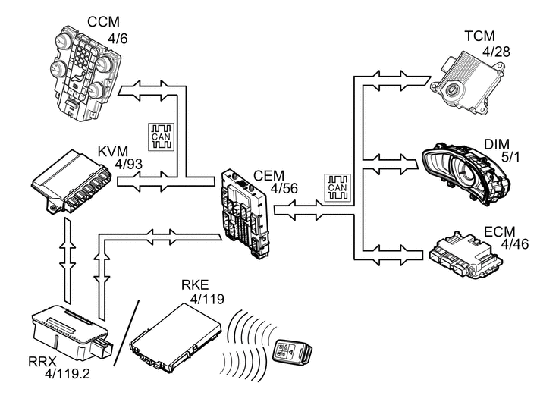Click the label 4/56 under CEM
pos(284,187)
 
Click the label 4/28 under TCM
pos(496,51)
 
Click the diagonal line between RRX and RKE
pos(126,334)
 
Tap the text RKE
pos(195,285)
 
